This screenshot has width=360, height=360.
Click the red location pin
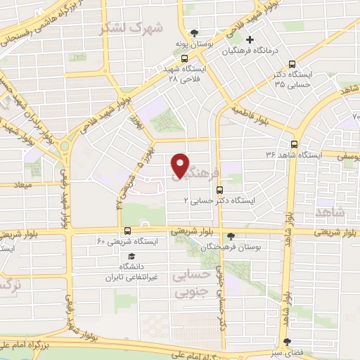click(x=181, y=165)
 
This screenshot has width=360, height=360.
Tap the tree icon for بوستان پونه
click(x=194, y=32)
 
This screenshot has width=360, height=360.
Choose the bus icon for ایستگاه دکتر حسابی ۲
click(x=221, y=189)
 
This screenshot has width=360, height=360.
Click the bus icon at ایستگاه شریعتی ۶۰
click(x=127, y=230)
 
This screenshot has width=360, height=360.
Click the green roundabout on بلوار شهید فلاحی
click(x=65, y=146)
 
